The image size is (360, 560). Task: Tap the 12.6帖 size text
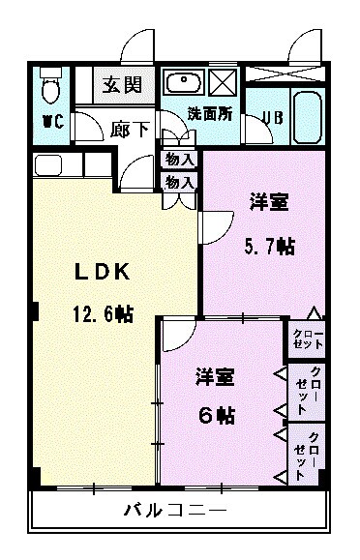click(101, 313)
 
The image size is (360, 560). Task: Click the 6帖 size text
click(218, 415)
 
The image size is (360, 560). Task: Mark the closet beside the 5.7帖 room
click(309, 339)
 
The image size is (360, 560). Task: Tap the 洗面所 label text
click(210, 113)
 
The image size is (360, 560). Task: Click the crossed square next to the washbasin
click(223, 81)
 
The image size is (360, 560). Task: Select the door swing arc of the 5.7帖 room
click(212, 227)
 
